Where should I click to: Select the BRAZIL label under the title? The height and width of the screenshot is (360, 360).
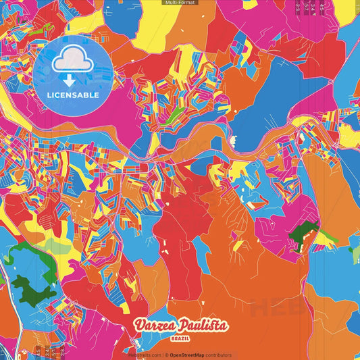click(180, 336)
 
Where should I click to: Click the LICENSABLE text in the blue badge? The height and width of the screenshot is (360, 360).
click(73, 95)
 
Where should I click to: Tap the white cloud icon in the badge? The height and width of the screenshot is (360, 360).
click(72, 61)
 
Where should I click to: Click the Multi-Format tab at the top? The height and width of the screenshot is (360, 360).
click(180, 3)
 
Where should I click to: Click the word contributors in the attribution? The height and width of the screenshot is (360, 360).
click(218, 355)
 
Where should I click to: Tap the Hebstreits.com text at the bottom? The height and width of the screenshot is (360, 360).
click(143, 355)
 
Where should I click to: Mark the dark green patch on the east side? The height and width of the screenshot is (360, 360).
click(303, 236)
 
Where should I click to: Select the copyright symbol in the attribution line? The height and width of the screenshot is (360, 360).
click(163, 355)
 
